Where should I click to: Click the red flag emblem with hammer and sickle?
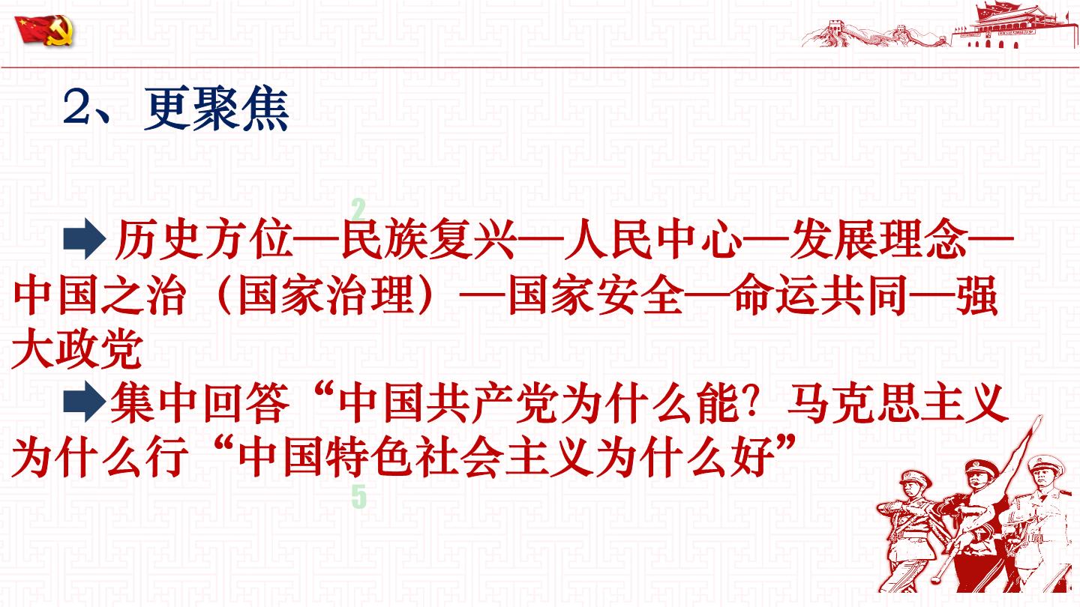click(44, 30)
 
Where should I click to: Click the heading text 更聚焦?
click(217, 110)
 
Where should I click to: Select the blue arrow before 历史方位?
click(85, 238)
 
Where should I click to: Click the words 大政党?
click(77, 348)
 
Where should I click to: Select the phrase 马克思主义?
click(898, 402)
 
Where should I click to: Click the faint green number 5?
click(358, 496)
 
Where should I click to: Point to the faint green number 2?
click(358, 209)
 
